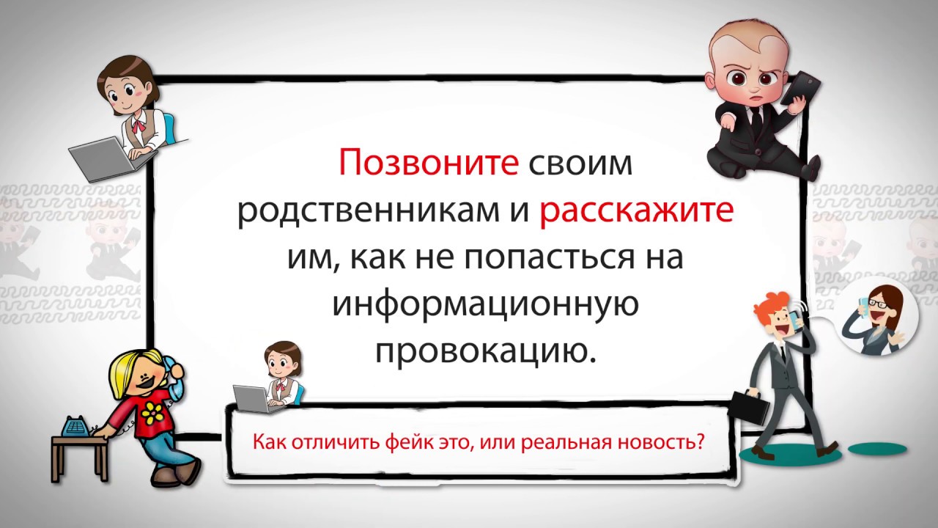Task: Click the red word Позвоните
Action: pos(429,162)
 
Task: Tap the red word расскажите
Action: pos(637,210)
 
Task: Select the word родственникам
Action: pos(369,210)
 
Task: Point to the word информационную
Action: pos(486,306)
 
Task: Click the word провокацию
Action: pos(485,352)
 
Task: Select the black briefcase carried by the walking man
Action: pos(750,406)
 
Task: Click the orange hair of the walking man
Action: pos(773,303)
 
